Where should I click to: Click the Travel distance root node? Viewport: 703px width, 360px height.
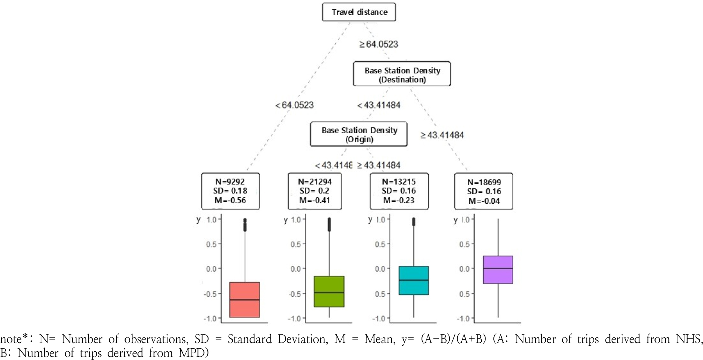pos(359,12)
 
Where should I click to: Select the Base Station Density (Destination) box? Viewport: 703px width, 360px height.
pos(402,74)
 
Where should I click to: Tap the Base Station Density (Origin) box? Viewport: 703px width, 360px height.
pos(359,134)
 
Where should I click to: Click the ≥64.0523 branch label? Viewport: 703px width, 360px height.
pos(379,44)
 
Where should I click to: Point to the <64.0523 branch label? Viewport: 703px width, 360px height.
pos(294,105)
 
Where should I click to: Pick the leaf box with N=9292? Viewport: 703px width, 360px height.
pos(230,191)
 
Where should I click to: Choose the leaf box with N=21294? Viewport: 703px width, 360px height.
pos(315,191)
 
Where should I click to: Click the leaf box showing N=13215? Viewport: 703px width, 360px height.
pos(399,191)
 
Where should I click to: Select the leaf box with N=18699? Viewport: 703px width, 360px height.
pos(484,191)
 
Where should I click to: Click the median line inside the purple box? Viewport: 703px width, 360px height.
pos(498,268)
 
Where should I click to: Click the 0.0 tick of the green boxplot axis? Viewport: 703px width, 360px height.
pos(296,269)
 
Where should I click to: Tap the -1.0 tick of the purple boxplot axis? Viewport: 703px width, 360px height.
pos(464,319)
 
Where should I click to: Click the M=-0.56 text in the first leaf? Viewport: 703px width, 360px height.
pos(230,200)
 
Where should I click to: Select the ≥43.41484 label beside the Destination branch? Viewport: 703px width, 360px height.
pos(442,135)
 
